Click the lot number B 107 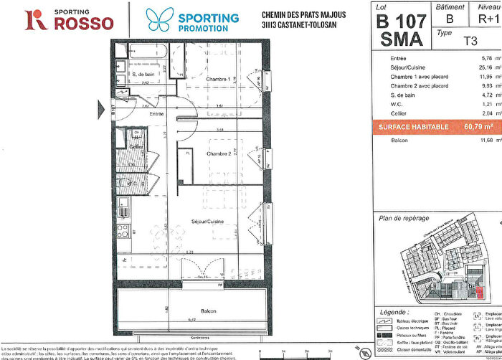(x=402, y=20)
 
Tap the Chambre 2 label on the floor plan (x=217, y=153)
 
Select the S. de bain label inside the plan (x=142, y=74)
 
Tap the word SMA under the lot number (x=402, y=40)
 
